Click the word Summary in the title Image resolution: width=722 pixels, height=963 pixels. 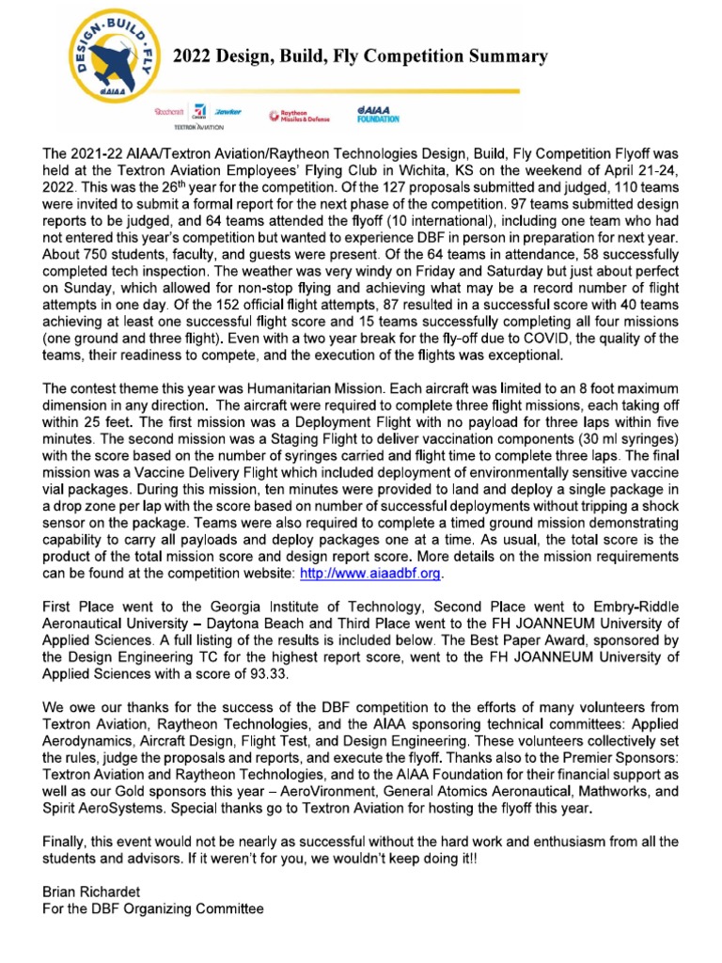click(504, 57)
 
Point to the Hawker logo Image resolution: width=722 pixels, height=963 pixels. click(228, 111)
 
